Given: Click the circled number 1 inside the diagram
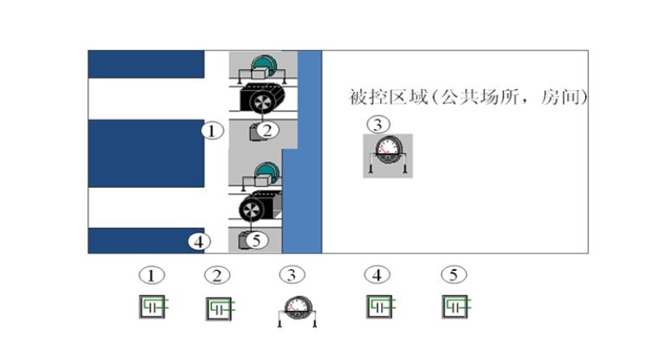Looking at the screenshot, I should point(213,132).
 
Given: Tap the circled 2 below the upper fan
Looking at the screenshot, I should point(269,131).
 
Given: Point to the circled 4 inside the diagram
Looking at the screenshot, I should point(200,241).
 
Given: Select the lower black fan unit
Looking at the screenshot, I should point(260,209).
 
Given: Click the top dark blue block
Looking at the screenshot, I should point(145,64).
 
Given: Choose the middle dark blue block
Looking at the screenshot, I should point(145,153).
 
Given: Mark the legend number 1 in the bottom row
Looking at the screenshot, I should point(151,275).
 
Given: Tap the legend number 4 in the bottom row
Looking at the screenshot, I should point(377,275).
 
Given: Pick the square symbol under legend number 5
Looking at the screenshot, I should point(454,305).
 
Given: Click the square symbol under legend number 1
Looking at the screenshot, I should point(152,306).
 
